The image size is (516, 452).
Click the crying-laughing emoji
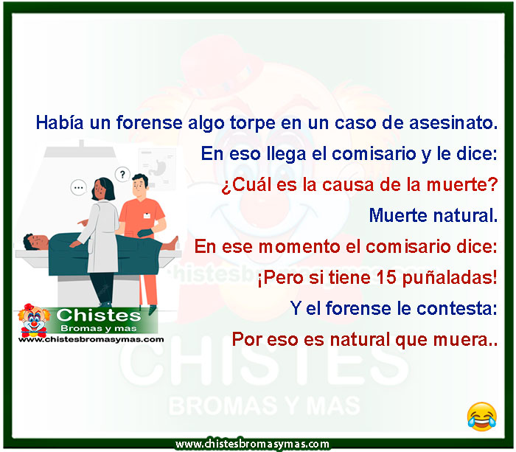pyautogui.click(x=481, y=417)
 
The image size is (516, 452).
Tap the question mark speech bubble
pyautogui.click(x=122, y=175)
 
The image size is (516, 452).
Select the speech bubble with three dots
pyautogui.click(x=79, y=188)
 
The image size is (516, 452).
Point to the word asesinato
pyautogui.click(x=453, y=122)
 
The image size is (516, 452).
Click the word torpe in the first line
pyautogui.click(x=252, y=123)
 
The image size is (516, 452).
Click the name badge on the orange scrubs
pyautogui.click(x=147, y=215)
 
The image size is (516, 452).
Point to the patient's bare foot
pyautogui.click(x=172, y=243)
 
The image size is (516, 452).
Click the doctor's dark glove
pyautogui.click(x=145, y=233)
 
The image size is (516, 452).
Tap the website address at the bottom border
pyautogui.click(x=252, y=444)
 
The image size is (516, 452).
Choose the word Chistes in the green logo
pyautogui.click(x=98, y=315)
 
